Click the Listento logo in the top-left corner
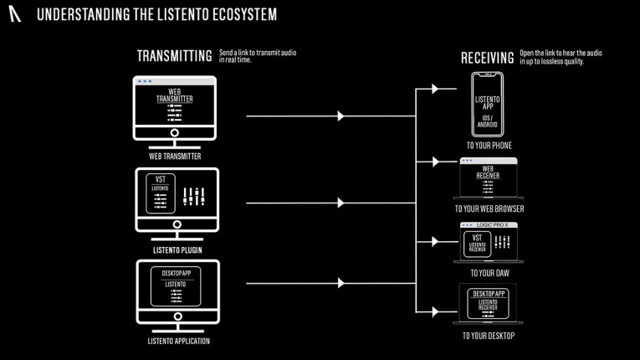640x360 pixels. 15,15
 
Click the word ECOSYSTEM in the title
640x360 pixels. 243,15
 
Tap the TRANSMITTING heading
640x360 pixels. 174,57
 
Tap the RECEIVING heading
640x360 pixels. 487,58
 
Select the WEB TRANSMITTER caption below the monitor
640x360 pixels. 175,156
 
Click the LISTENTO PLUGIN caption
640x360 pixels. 177,249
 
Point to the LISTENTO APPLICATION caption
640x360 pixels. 176,341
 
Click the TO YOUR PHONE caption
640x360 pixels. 489,146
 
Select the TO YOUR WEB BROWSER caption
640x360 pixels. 489,208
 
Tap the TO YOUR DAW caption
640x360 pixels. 489,273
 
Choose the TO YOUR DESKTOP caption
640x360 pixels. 489,337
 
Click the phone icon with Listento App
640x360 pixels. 487,105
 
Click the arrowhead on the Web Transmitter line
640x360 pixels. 340,116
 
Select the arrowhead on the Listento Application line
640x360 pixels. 340,283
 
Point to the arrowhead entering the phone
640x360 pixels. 434,89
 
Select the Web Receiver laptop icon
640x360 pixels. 489,179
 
